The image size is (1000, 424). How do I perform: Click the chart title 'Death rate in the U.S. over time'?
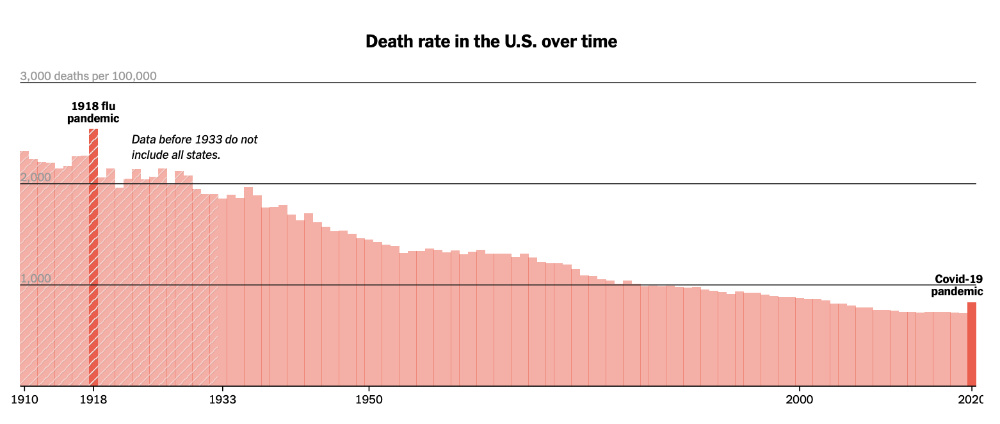(491, 42)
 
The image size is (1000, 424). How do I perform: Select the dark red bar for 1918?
(93, 256)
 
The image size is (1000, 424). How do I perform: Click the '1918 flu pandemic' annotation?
(93, 112)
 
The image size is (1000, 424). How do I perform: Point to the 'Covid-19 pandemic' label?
(957, 285)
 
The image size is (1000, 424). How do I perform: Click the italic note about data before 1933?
(195, 147)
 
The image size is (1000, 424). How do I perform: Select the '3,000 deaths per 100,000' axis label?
(88, 76)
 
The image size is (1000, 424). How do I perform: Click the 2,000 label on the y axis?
(36, 177)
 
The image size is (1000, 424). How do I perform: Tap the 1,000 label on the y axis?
(36, 279)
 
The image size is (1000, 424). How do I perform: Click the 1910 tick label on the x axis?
(24, 400)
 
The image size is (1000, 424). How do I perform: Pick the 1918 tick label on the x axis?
(93, 400)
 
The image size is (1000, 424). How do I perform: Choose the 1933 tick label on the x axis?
(223, 400)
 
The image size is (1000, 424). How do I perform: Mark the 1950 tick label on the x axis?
(369, 400)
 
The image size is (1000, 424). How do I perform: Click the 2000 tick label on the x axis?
(799, 400)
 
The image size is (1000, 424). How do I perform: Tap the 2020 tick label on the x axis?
(971, 400)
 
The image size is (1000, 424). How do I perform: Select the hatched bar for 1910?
(24, 269)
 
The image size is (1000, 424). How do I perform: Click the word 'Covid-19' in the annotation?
(958, 279)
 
